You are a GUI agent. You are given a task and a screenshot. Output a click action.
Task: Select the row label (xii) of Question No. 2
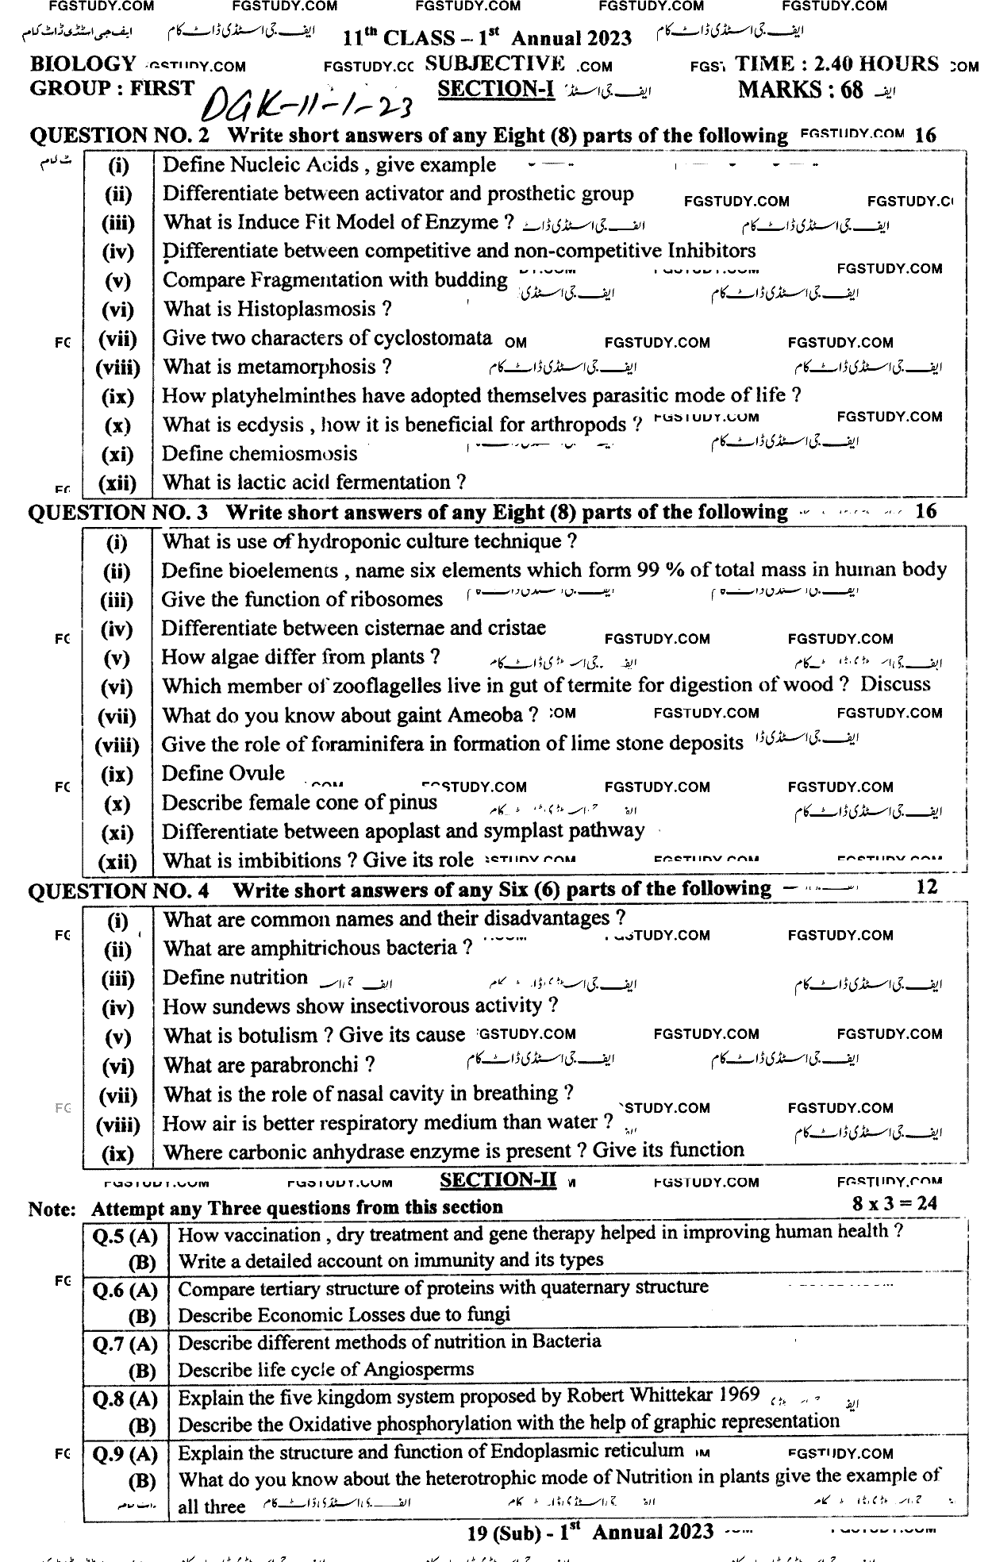click(117, 483)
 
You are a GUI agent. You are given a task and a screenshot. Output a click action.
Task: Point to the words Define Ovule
click(223, 774)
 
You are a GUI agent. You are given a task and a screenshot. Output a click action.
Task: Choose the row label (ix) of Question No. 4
click(117, 1153)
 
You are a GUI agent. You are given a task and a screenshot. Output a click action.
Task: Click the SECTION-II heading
click(498, 1180)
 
